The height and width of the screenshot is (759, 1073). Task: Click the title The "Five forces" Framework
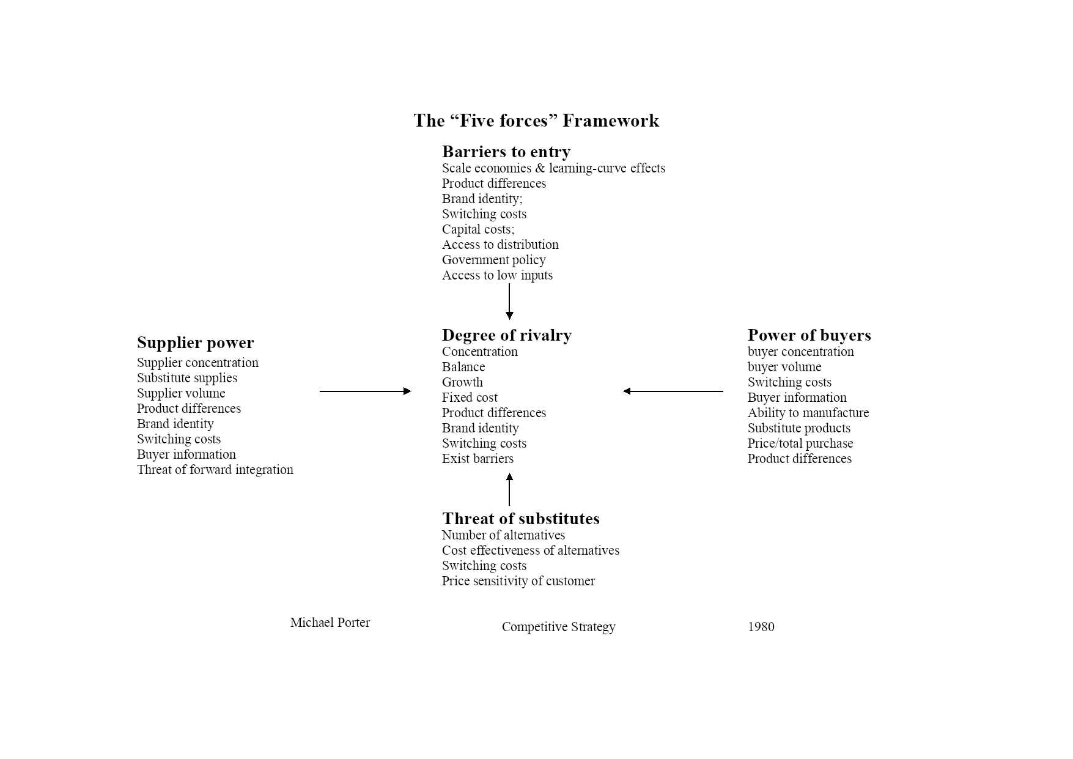coord(536,120)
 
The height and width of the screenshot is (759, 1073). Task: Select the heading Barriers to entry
coord(506,152)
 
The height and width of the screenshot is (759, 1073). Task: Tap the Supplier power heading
coord(195,342)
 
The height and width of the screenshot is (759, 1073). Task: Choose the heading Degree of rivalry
coord(507,335)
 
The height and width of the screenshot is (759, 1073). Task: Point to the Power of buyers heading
coord(809,335)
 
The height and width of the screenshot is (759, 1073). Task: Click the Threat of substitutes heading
coord(520,519)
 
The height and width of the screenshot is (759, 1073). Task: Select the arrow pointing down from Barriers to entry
coord(509,302)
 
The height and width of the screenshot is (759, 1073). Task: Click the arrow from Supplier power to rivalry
coord(366,391)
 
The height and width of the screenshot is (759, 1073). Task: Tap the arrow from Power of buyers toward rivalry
coord(673,391)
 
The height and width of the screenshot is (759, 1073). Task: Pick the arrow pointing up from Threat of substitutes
coord(509,489)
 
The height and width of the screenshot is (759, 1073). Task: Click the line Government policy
coord(493,260)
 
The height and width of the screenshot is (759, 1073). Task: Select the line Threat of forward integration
coord(215,470)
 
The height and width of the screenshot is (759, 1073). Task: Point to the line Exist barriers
coord(478,459)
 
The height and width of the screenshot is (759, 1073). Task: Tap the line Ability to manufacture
coord(808,413)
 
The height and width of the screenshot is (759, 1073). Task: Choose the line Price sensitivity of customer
coord(518,581)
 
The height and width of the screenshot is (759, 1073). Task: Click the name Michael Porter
coord(330,623)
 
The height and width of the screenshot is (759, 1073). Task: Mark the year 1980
coord(761,627)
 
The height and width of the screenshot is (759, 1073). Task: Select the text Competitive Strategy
coord(558,627)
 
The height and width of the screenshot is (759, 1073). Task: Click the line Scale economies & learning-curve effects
coord(553,168)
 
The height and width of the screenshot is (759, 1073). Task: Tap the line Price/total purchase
coord(800,443)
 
